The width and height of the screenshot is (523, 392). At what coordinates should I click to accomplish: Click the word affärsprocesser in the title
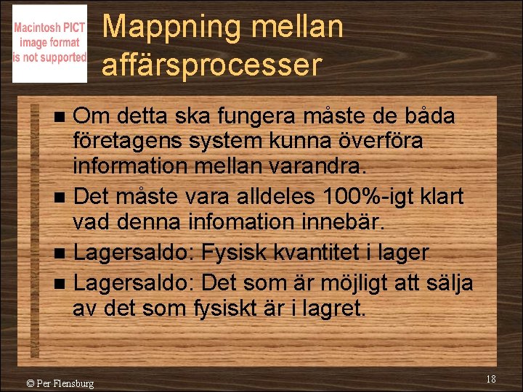pyautogui.click(x=211, y=65)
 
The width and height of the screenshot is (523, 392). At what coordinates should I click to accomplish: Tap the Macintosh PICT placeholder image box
pyautogui.click(x=49, y=44)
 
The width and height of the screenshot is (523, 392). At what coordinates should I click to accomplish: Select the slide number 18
pyautogui.click(x=491, y=379)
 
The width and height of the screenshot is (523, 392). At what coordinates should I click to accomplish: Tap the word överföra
pyautogui.click(x=384, y=142)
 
